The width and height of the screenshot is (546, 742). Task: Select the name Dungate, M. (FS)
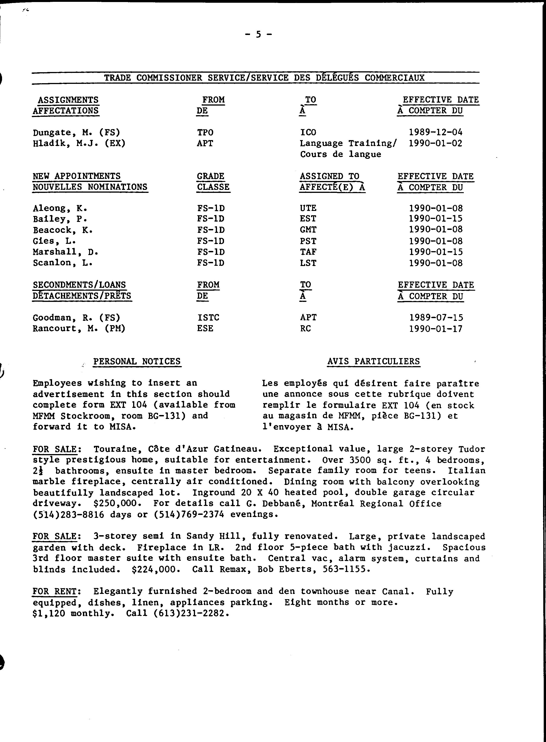76,133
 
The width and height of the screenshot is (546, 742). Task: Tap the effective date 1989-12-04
436,132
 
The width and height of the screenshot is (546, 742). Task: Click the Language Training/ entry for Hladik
348,144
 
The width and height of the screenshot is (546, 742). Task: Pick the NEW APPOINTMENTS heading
77,176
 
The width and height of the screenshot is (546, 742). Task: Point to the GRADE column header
211,176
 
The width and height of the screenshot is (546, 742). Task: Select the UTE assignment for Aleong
308,208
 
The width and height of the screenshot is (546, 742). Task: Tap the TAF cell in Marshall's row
308,252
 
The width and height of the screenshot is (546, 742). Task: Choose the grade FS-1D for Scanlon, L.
211,263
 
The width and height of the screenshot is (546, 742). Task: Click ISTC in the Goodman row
208,317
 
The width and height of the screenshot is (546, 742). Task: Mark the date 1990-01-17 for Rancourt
436,329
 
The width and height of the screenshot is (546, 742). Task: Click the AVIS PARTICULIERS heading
373,362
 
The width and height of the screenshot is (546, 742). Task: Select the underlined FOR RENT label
55,591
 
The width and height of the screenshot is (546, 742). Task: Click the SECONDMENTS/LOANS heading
79,285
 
